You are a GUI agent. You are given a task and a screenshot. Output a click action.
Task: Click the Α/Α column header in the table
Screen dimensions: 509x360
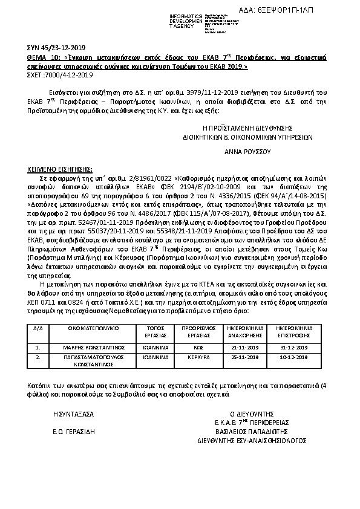(x=38, y=329)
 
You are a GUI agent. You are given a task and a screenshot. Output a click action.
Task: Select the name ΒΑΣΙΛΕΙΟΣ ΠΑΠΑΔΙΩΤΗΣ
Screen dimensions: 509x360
(x=247, y=432)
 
